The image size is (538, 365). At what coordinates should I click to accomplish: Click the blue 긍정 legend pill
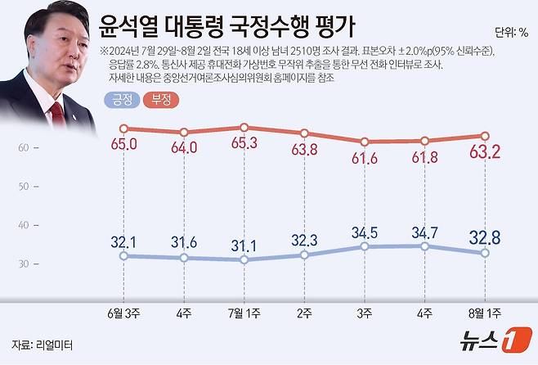[x=120, y=101]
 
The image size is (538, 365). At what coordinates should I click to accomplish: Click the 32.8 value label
[x=484, y=238]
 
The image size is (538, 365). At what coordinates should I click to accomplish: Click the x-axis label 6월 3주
[x=123, y=313]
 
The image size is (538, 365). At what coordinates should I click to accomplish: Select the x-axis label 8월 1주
[x=484, y=313]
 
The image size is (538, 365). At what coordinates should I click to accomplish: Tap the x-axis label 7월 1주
[x=244, y=313]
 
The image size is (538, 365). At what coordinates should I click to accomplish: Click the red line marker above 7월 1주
[x=244, y=128]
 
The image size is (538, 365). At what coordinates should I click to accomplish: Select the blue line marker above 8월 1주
[x=484, y=253]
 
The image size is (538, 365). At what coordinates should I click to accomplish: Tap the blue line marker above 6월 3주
[x=123, y=255]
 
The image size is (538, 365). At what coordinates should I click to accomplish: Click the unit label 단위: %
[x=511, y=33]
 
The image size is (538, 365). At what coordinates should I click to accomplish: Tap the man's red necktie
[x=57, y=114]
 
